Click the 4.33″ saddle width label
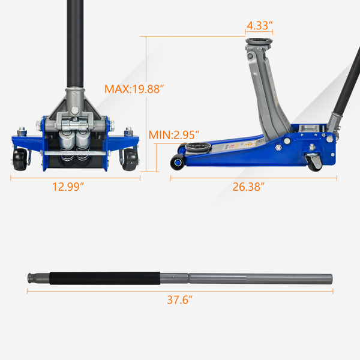click(x=259, y=25)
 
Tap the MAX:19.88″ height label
click(x=134, y=89)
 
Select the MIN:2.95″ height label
click(x=174, y=135)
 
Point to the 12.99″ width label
click(x=68, y=187)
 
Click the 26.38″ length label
click(x=248, y=187)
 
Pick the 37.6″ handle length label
click(x=180, y=300)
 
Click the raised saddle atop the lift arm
click(x=259, y=41)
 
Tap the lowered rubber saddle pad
click(x=198, y=147)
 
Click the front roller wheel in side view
click(x=177, y=162)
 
